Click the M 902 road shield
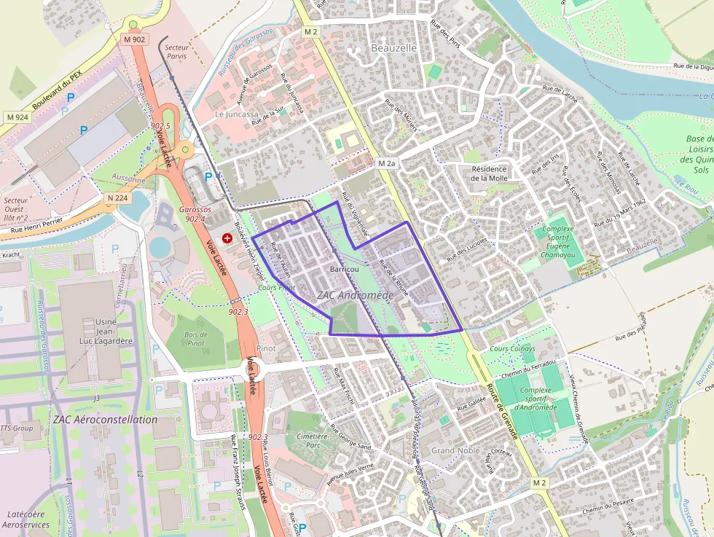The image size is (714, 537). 134,39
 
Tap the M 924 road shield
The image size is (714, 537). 17,117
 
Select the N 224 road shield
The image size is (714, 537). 117,197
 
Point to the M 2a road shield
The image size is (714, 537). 386,164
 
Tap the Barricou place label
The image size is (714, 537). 344,270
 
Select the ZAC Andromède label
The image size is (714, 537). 356,295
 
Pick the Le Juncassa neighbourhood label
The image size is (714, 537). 236,114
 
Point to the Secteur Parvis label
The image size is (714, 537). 176,52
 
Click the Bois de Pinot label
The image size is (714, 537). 196,339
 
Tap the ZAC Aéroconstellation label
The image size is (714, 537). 105,420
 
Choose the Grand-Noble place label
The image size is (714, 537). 455,450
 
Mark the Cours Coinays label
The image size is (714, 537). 512,349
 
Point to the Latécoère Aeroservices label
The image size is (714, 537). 25,520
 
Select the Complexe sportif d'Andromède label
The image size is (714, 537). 535,399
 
